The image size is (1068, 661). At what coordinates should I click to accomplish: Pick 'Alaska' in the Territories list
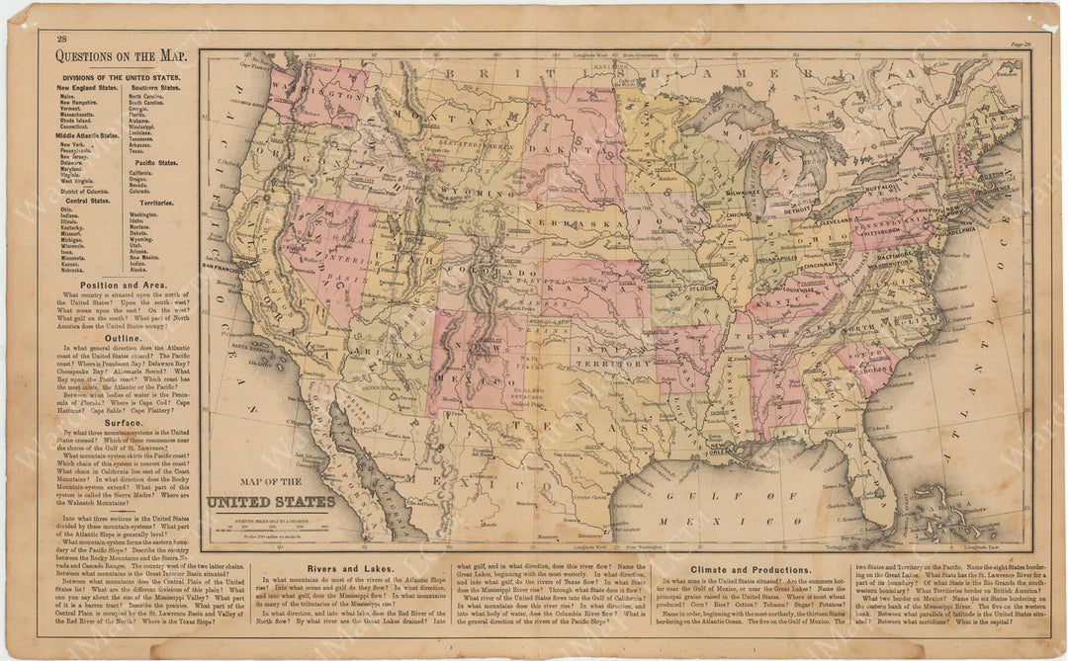[138, 270]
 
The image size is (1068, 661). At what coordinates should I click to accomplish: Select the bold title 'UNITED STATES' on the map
[270, 501]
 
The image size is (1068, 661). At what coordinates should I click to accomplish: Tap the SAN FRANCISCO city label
[224, 267]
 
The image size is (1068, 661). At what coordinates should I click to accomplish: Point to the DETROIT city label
[797, 209]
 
